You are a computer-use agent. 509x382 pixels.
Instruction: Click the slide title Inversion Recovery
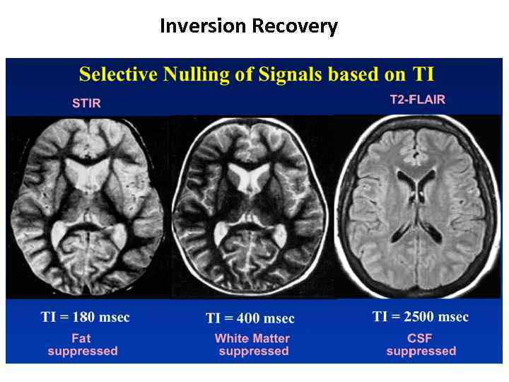(x=249, y=26)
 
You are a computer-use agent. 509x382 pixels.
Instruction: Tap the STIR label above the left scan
(x=86, y=103)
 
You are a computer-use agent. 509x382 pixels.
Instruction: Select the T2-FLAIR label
(x=418, y=100)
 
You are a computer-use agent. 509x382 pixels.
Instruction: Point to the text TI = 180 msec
(x=85, y=317)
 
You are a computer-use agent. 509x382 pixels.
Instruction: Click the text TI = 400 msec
(x=250, y=318)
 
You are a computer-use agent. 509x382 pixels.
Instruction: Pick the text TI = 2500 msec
(x=421, y=316)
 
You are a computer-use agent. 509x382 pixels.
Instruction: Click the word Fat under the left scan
(x=82, y=337)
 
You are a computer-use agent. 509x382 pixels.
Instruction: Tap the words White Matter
(x=252, y=338)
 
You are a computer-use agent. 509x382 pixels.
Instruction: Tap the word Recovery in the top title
(x=298, y=26)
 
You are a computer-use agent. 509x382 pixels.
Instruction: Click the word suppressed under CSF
(x=421, y=351)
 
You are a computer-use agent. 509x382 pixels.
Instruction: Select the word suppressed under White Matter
(x=254, y=351)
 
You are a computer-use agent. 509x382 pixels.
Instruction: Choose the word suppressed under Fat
(x=83, y=351)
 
